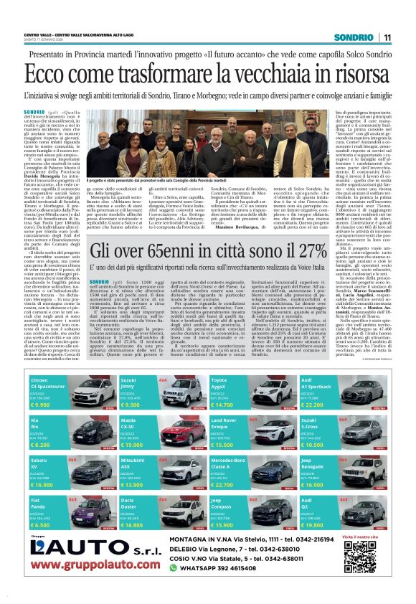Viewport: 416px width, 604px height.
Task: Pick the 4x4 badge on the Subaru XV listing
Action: [72, 458]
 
